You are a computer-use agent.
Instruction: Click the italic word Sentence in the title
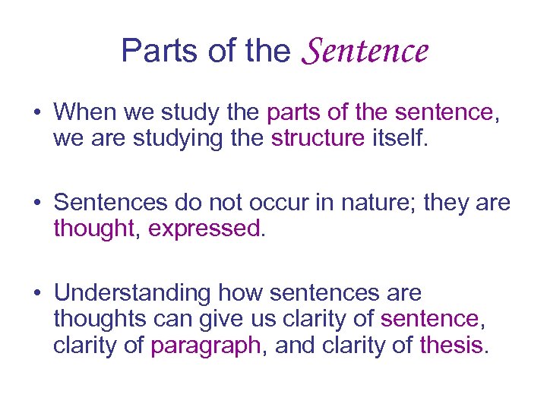point(365,51)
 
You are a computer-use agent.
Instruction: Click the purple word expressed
point(204,229)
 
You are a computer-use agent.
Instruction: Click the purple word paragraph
point(205,345)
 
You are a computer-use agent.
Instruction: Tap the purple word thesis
point(451,345)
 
